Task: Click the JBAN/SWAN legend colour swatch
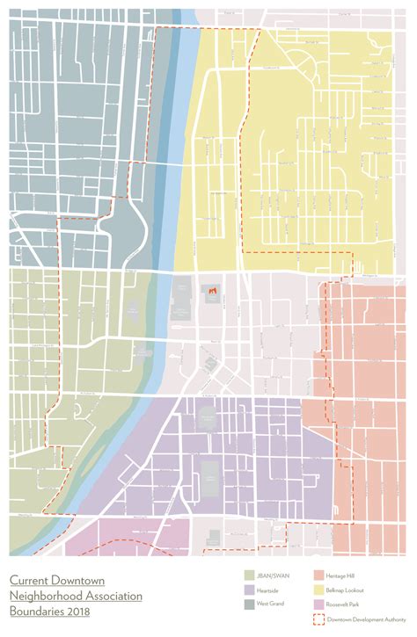pyautogui.click(x=250, y=575)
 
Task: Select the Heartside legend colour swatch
pyautogui.click(x=250, y=590)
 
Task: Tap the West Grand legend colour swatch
pyautogui.click(x=250, y=604)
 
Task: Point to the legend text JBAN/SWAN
pyautogui.click(x=272, y=575)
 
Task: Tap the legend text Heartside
pyautogui.click(x=267, y=590)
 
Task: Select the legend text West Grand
pyautogui.click(x=270, y=604)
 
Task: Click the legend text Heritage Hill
pyautogui.click(x=339, y=575)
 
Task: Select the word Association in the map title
pyautogui.click(x=118, y=596)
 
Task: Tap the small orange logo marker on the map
pyautogui.click(x=212, y=290)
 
